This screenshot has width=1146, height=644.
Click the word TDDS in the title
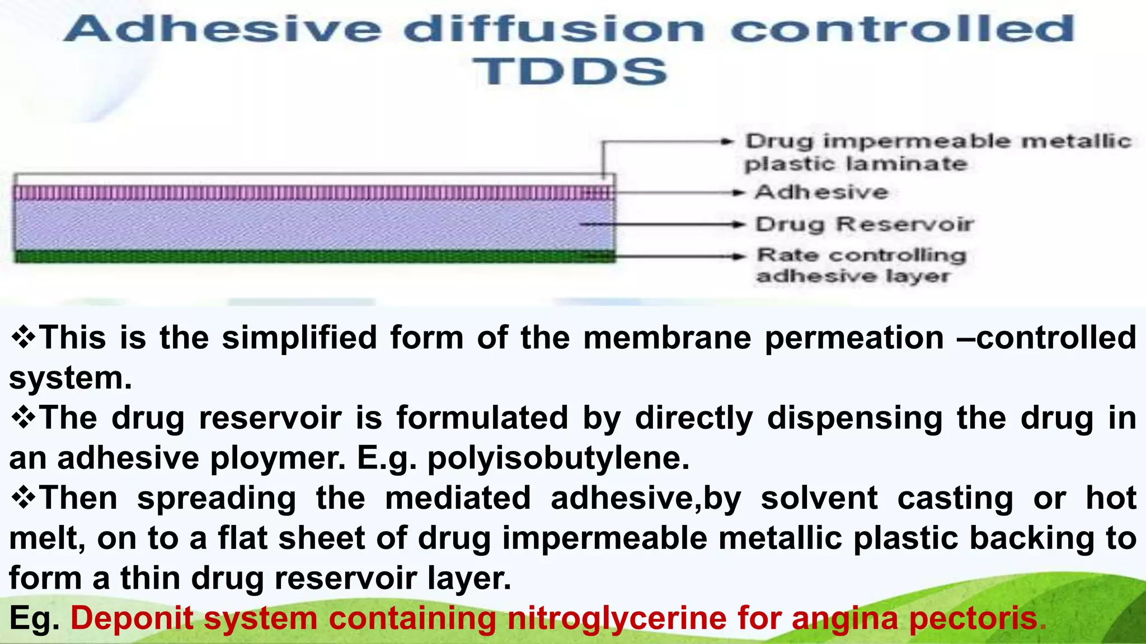point(570,72)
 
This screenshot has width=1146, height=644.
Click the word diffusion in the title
point(553,29)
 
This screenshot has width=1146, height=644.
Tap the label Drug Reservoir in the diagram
point(864,224)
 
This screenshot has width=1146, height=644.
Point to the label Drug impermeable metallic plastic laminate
point(937,152)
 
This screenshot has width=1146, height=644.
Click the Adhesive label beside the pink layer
point(821,192)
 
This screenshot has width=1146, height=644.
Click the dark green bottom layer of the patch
point(313,257)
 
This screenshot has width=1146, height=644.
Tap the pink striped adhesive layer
point(313,193)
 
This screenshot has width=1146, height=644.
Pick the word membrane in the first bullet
point(667,338)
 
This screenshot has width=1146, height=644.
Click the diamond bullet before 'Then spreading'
point(24,498)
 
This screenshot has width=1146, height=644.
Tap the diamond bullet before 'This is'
point(24,338)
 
